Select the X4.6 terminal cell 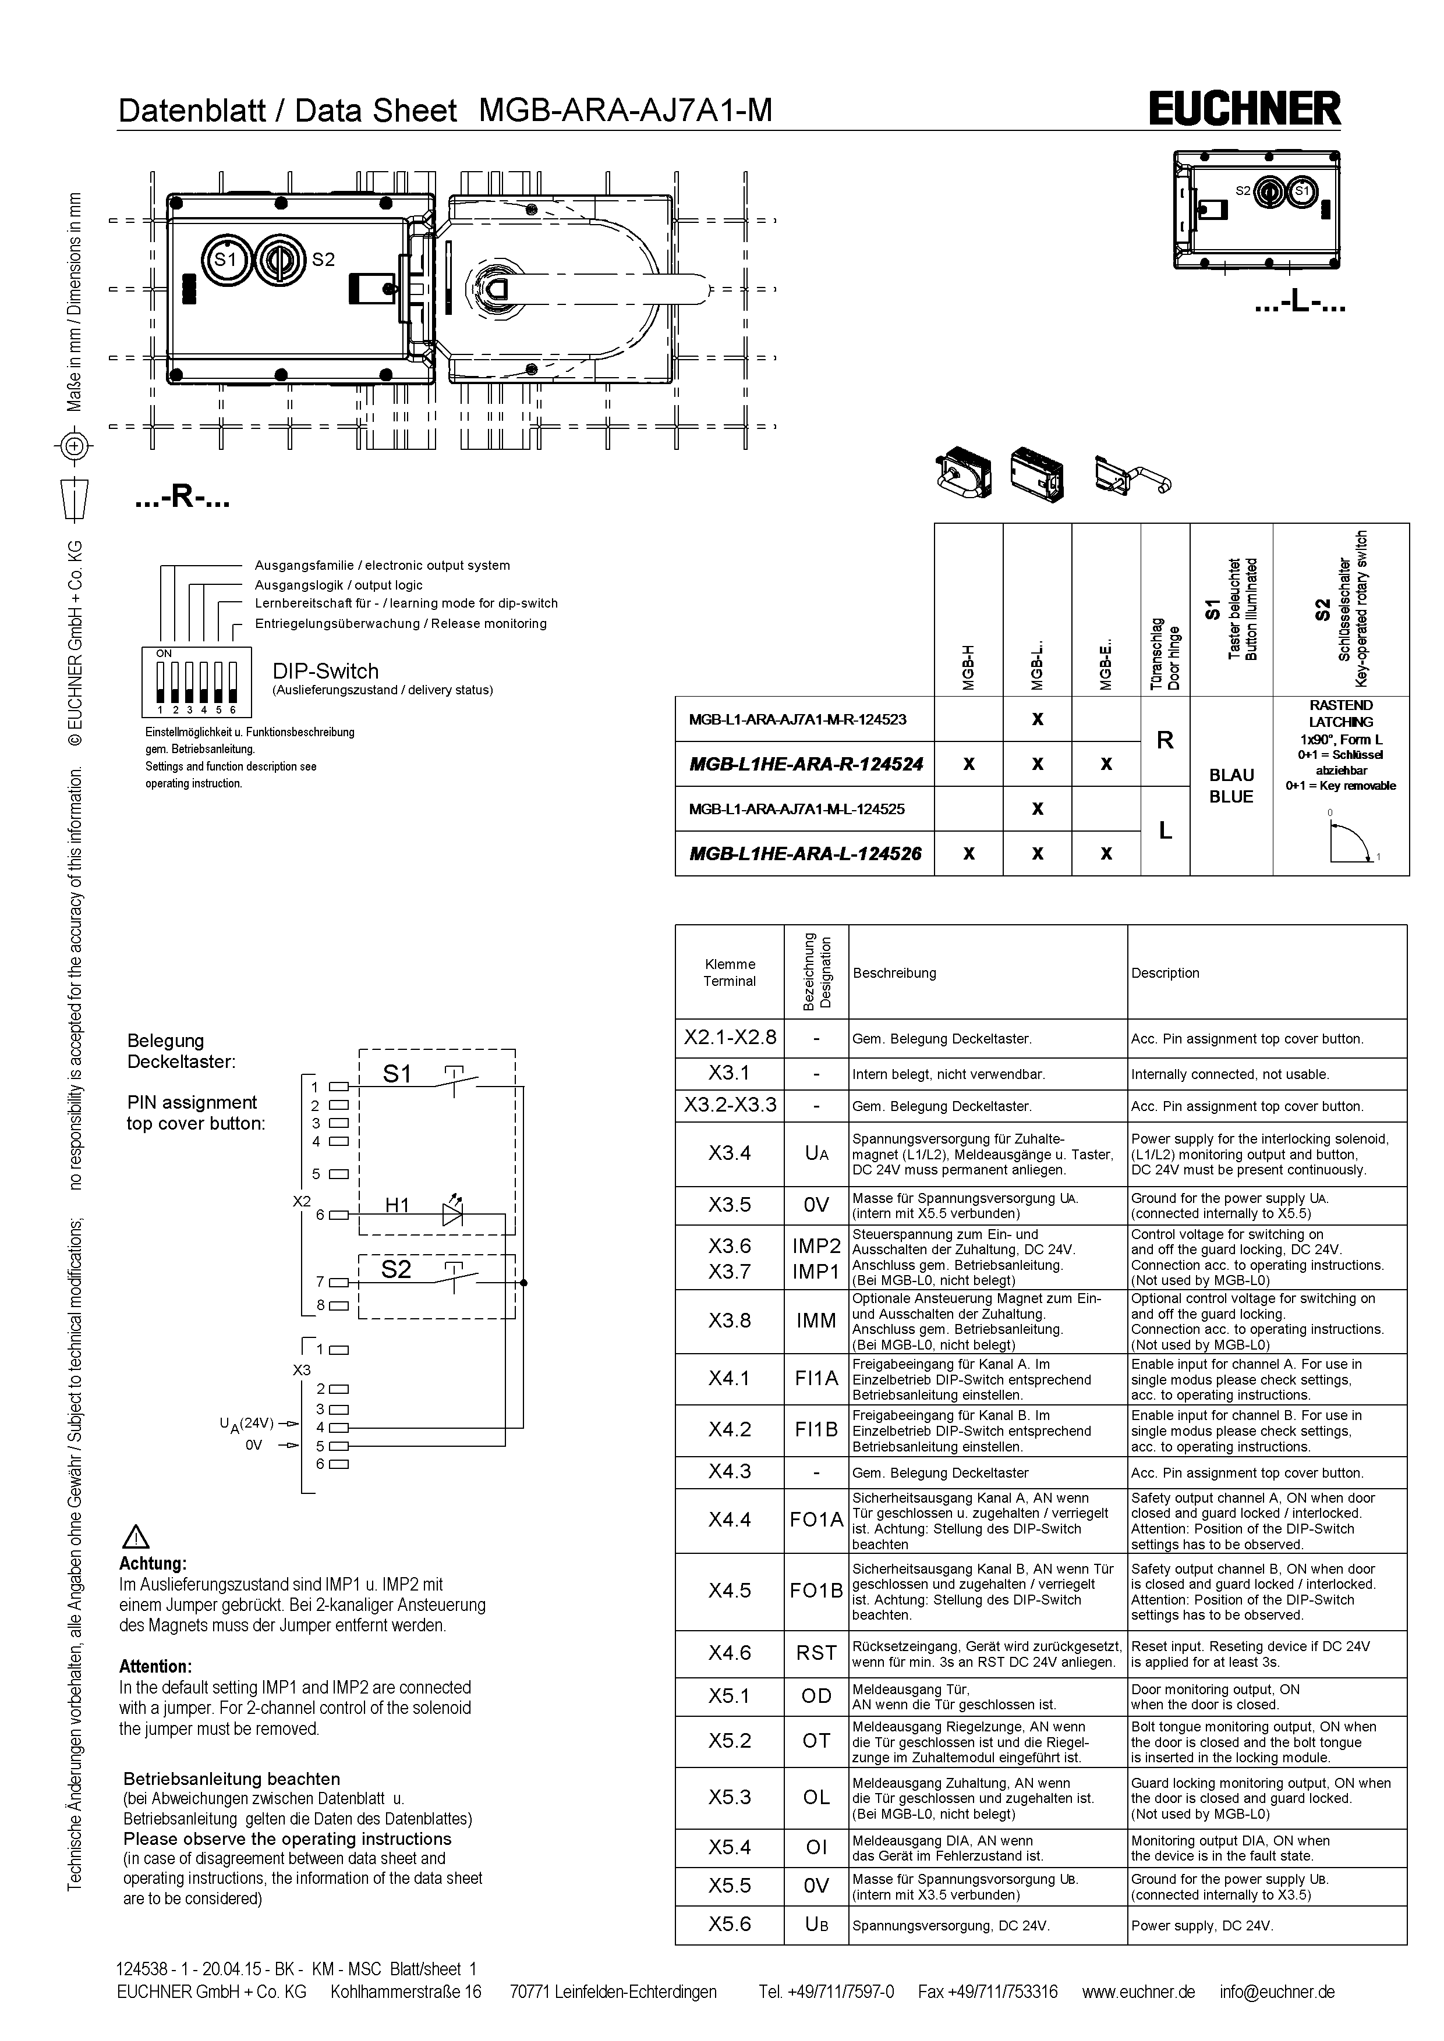729,1653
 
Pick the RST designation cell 816,1653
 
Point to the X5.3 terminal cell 729,1797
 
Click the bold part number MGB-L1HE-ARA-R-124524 806,764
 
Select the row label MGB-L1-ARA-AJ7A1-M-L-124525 798,809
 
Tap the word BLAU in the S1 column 1230,775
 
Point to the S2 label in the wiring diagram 397,1269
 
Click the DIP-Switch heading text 325,671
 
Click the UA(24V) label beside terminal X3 246,1422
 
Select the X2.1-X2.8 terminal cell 729,1038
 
